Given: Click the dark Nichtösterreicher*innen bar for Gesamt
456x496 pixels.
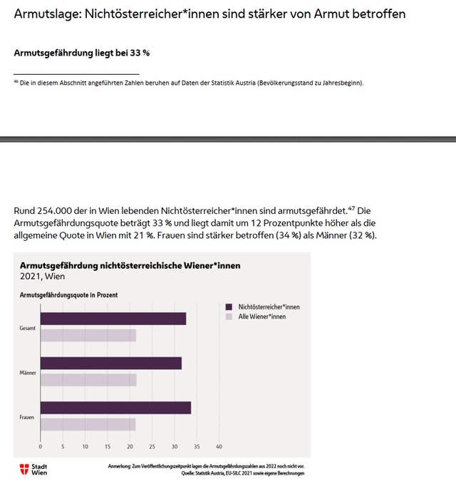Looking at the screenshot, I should pyautogui.click(x=113, y=319).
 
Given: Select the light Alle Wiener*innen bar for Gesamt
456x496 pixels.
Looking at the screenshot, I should pyautogui.click(x=88, y=336).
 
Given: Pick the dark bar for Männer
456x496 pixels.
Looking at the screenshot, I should pyautogui.click(x=110, y=363).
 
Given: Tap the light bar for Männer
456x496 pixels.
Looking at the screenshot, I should pyautogui.click(x=88, y=380).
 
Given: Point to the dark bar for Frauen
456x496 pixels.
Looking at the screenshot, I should pyautogui.click(x=115, y=408).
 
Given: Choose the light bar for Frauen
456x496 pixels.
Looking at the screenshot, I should pyautogui.click(x=88, y=424).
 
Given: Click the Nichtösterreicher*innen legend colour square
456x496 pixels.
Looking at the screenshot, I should pyautogui.click(x=229, y=306).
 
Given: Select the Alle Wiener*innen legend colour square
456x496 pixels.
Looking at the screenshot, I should pyautogui.click(x=229, y=316).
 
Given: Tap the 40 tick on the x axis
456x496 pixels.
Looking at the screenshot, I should pyautogui.click(x=219, y=447).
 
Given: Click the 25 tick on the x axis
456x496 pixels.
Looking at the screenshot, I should pyautogui.click(x=152, y=447).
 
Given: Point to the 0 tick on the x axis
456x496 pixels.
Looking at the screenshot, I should pyautogui.click(x=41, y=447).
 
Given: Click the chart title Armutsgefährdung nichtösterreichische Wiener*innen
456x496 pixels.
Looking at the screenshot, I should pyautogui.click(x=130, y=265).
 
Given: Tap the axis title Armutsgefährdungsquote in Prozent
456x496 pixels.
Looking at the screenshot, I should pyautogui.click(x=69, y=294).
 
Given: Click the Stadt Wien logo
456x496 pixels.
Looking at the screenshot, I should pyautogui.click(x=34, y=469).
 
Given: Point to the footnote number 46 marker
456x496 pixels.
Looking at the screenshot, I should pyautogui.click(x=16, y=82).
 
